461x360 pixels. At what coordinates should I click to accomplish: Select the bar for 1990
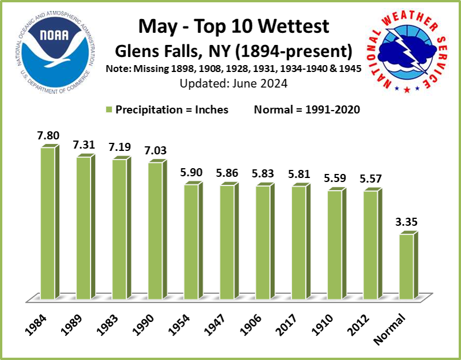point(156,230)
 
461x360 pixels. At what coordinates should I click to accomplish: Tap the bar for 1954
point(192,242)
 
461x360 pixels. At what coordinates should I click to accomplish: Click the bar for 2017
point(300,242)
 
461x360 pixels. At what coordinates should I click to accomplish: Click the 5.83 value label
point(264,173)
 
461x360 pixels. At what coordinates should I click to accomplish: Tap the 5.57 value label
point(372,179)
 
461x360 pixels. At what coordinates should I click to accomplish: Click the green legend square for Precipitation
point(108,110)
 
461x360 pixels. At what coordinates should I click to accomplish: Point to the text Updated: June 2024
point(233,83)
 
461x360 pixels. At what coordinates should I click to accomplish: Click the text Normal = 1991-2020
point(307,110)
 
